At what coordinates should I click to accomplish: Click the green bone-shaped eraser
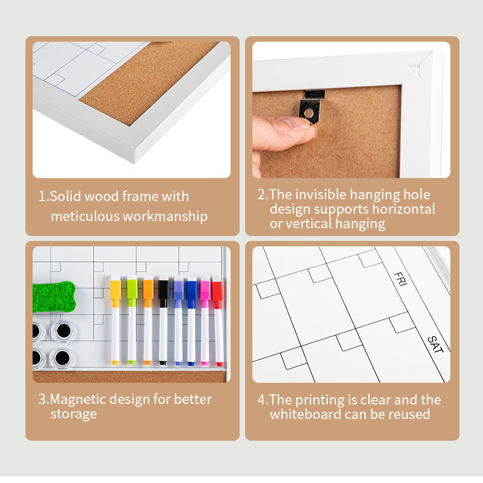point(54,296)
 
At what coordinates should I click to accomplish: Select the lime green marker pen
point(132,320)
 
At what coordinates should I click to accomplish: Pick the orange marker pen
point(148,320)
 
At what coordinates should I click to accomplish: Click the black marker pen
point(163,321)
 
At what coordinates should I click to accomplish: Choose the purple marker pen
point(178,321)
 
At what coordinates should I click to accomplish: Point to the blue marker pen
point(191,321)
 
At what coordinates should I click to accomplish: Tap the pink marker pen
point(205,321)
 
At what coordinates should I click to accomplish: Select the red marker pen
point(218,321)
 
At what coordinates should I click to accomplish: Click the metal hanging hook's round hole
point(309,114)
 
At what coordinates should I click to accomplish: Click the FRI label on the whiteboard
point(400,279)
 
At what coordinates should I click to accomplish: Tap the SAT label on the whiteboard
point(435,344)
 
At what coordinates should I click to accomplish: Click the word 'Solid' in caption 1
point(65,196)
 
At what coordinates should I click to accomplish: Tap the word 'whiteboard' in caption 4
point(305,414)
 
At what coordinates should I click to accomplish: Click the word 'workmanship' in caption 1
point(165,217)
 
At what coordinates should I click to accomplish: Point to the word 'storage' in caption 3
point(74,415)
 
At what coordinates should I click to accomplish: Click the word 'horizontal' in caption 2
point(404,209)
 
